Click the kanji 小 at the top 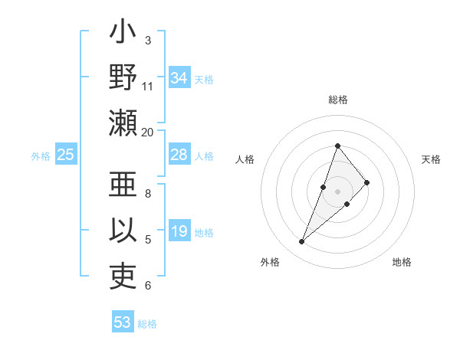coord(123,34)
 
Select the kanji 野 coord(123,78)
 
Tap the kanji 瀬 coord(123,123)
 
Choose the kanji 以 coord(123,231)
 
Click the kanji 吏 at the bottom coord(123,277)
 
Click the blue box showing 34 coord(179,78)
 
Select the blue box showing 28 coord(179,155)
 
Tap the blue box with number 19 coord(179,231)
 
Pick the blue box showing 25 coord(66,155)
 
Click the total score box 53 coord(123,322)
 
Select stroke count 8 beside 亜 coord(148,193)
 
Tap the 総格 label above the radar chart coord(337,100)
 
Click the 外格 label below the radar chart coord(270,262)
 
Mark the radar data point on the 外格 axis coord(302,242)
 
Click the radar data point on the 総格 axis coord(337,146)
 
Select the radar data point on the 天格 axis coord(367,182)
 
